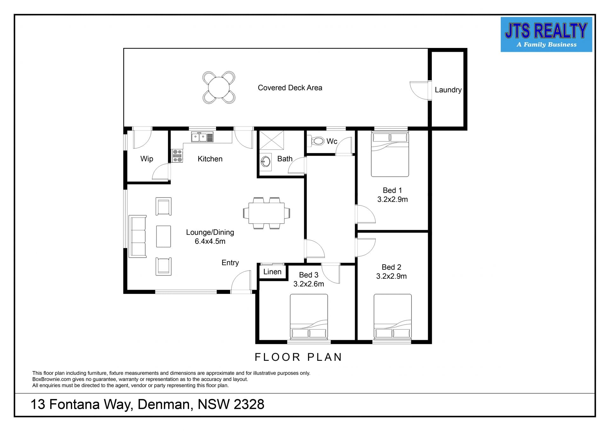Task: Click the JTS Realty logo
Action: (546, 34)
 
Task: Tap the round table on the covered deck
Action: (219, 87)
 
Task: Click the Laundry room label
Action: (448, 90)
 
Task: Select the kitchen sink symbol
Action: (202, 137)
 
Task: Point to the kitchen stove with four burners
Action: (177, 156)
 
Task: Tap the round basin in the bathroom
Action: (266, 162)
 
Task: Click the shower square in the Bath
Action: (272, 140)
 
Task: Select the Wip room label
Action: (147, 159)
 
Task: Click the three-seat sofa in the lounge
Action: (138, 236)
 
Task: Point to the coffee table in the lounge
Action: (163, 236)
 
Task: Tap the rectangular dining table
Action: (267, 213)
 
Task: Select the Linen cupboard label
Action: (272, 272)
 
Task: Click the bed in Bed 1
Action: (390, 154)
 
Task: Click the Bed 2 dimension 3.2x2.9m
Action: (391, 276)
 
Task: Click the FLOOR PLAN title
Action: (298, 357)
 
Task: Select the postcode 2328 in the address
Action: (249, 404)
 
